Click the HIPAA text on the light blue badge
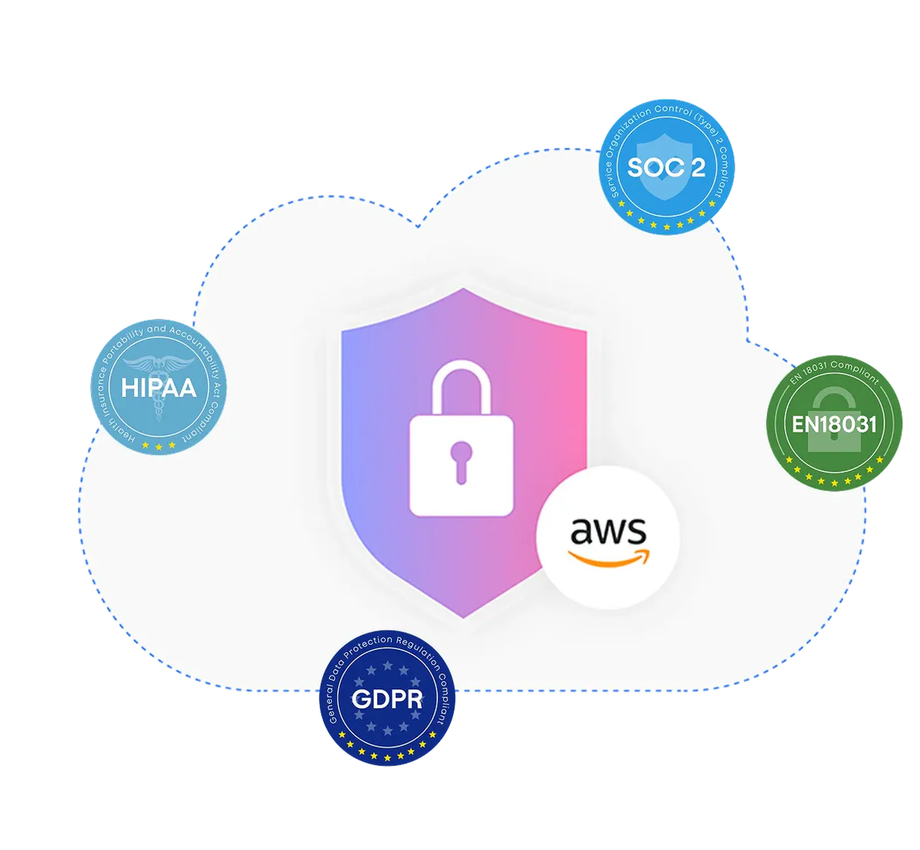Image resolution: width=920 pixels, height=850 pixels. pyautogui.click(x=159, y=387)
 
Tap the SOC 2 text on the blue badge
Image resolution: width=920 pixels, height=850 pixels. pyautogui.click(x=665, y=167)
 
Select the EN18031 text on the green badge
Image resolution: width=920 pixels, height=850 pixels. pyautogui.click(x=834, y=425)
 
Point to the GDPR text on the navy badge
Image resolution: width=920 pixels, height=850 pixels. pyautogui.click(x=387, y=699)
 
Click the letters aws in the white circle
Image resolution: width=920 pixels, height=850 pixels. pyautogui.click(x=608, y=531)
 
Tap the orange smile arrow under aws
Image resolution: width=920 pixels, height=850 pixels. pyautogui.click(x=608, y=558)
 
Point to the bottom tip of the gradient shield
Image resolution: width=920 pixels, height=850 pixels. pyautogui.click(x=463, y=618)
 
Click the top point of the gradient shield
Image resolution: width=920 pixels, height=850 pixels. pyautogui.click(x=463, y=289)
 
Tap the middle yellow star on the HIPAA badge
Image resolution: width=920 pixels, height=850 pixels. pyautogui.click(x=159, y=447)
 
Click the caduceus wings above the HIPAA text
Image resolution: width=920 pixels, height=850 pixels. pyautogui.click(x=159, y=364)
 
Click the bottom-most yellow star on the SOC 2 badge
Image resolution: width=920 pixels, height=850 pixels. pyautogui.click(x=666, y=227)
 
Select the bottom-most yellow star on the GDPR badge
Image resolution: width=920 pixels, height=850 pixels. pyautogui.click(x=387, y=758)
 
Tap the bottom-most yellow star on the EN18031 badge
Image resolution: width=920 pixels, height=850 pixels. pyautogui.click(x=834, y=483)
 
